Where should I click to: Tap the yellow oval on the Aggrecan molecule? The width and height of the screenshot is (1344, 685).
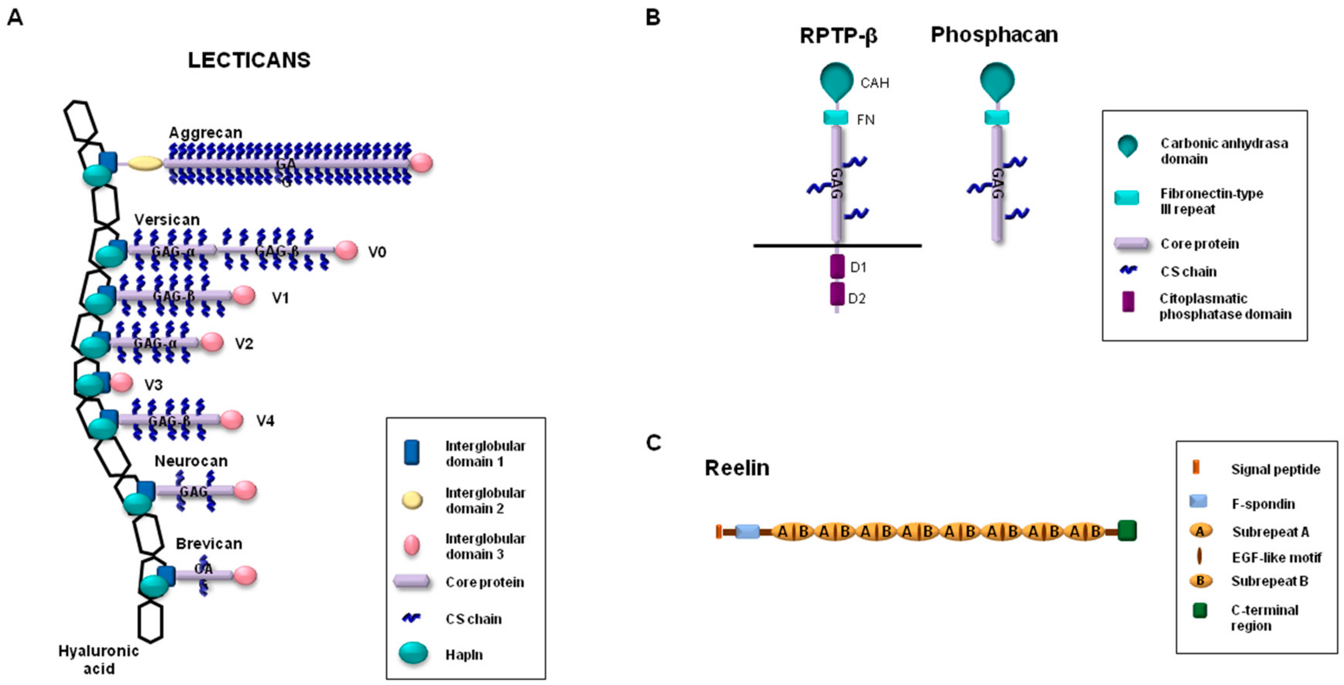146,164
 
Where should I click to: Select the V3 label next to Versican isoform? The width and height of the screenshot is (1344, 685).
153,385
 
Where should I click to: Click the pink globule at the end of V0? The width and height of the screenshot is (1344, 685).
345,250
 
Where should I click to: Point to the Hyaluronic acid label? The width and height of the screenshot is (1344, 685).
99,660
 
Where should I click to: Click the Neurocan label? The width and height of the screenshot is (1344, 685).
191,461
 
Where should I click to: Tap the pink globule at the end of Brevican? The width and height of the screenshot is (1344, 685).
245,575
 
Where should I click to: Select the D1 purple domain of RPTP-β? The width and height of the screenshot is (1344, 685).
837,266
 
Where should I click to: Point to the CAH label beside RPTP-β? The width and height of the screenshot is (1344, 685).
874,83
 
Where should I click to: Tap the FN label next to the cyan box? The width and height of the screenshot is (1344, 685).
866,120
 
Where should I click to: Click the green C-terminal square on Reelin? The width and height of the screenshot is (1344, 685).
1127,531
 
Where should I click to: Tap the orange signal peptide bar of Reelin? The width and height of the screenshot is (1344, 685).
719,532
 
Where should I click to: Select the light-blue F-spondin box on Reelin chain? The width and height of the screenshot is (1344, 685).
747,532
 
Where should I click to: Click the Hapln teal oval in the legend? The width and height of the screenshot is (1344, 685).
413,653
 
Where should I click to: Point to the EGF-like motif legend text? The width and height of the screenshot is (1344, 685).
1276,557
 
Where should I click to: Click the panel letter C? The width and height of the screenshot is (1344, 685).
653,442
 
